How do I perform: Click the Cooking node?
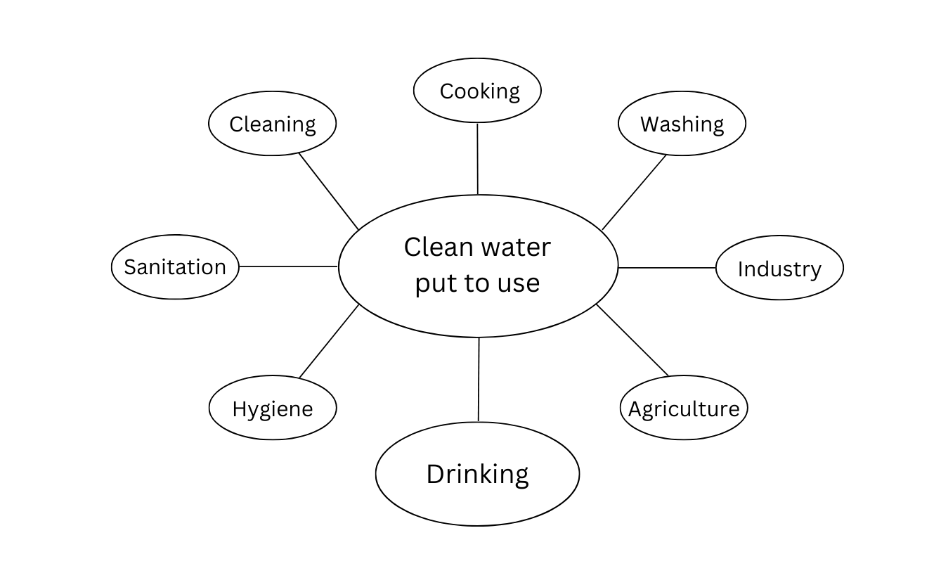pyautogui.click(x=477, y=91)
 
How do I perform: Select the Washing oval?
pyautogui.click(x=682, y=124)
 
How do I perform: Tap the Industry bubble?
pyautogui.click(x=779, y=268)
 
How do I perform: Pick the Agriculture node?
pyautogui.click(x=684, y=408)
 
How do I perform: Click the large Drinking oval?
pyautogui.click(x=477, y=474)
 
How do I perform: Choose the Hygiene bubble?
pyautogui.click(x=273, y=408)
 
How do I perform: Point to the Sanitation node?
pyautogui.click(x=175, y=267)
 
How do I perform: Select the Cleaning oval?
pyautogui.click(x=273, y=124)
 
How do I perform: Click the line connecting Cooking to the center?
pyautogui.click(x=478, y=158)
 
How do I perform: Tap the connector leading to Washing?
pyautogui.click(x=634, y=192)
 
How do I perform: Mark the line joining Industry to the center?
pyautogui.click(x=667, y=268)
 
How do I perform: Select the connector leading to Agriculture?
pyautogui.click(x=632, y=340)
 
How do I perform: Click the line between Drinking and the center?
pyautogui.click(x=479, y=380)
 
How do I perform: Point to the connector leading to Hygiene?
pyautogui.click(x=329, y=341)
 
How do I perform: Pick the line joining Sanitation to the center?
pyautogui.click(x=289, y=266)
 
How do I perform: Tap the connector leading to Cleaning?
pyautogui.click(x=329, y=191)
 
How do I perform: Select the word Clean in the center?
pyautogui.click(x=436, y=247)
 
